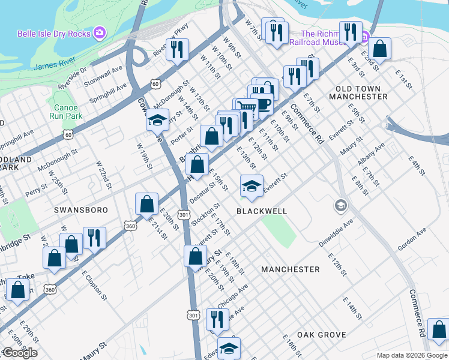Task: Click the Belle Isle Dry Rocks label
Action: [x=54, y=34]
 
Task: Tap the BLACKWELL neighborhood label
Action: [x=261, y=211]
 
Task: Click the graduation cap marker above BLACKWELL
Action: [x=252, y=185]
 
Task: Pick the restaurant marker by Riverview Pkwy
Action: [x=176, y=49]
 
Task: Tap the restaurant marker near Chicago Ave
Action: [x=215, y=319]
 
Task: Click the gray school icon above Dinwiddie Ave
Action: [x=341, y=206]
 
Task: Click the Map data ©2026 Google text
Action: [x=411, y=355]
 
